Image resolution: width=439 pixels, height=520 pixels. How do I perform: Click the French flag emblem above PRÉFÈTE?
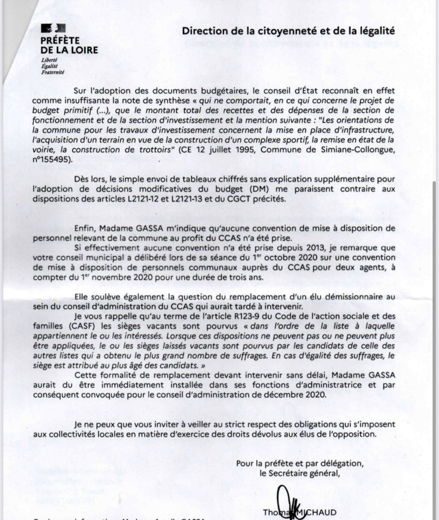click(50, 28)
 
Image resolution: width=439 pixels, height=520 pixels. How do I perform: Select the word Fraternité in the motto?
click(53, 72)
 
